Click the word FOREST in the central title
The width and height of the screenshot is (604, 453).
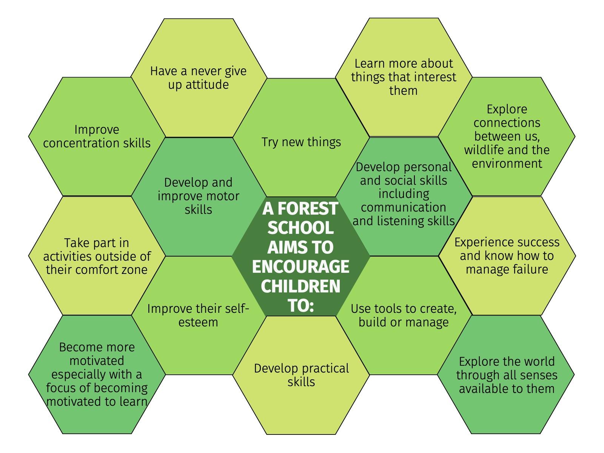click(307, 209)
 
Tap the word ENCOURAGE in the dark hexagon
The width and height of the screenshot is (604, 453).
click(300, 267)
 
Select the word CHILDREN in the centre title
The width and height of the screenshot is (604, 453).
click(300, 286)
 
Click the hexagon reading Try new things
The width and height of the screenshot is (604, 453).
click(301, 138)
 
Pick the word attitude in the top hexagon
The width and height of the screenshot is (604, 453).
click(207, 84)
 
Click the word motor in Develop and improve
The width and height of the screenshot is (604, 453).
click(222, 196)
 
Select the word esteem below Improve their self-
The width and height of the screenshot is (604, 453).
click(198, 322)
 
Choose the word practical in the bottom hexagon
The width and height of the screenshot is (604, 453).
click(325, 368)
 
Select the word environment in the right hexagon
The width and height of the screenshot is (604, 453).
click(507, 164)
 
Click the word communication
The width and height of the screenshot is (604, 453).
click(404, 207)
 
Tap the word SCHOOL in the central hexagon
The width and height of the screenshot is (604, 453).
click(300, 228)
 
